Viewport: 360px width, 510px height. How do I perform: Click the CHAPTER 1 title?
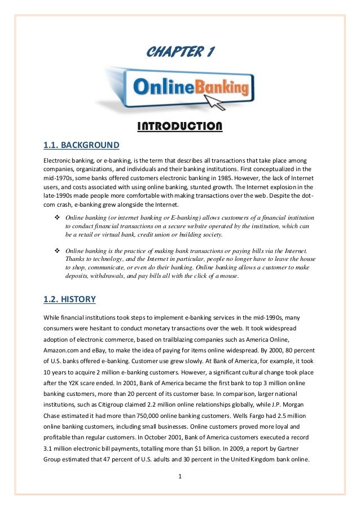pyautogui.click(x=179, y=54)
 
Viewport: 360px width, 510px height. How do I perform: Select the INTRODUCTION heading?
pyautogui.click(x=180, y=124)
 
